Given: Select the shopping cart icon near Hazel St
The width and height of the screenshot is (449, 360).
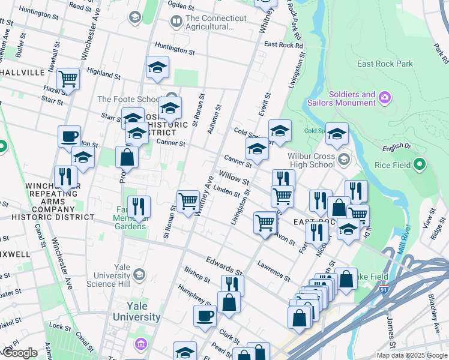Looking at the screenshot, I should (x=68, y=78).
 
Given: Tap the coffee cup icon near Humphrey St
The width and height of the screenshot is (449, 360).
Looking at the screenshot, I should (x=205, y=314).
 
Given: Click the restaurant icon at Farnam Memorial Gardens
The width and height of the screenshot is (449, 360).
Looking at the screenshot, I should (x=139, y=206).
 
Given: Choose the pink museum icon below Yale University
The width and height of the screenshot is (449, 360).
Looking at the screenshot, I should (x=141, y=344).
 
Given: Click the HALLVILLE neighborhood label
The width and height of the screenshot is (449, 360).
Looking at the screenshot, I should (x=23, y=73).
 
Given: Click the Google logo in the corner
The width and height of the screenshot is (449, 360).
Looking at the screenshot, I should (x=20, y=352).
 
